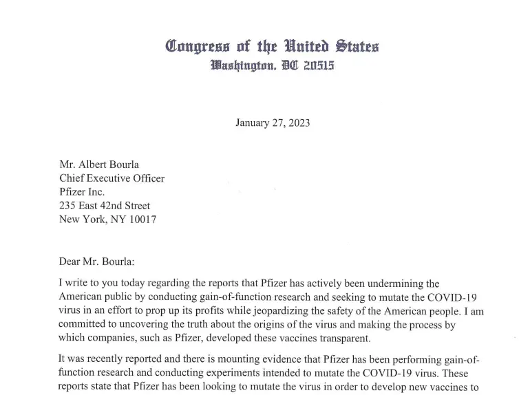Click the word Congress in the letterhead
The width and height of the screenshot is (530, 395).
click(198, 47)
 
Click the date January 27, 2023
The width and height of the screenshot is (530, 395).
click(272, 123)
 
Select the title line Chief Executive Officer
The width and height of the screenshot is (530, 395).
click(112, 178)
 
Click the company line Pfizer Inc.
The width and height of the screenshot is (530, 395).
click(82, 192)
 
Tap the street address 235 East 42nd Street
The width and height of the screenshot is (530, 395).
click(105, 206)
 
